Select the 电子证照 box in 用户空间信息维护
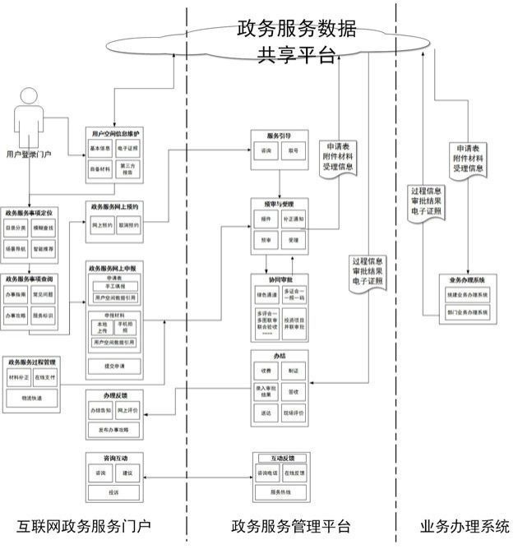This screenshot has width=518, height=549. point(127,149)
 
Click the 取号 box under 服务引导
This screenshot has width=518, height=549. point(293,152)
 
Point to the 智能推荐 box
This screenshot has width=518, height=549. point(43,247)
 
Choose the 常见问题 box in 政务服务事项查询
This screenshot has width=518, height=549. point(43,295)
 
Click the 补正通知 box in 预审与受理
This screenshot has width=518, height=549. point(293,221)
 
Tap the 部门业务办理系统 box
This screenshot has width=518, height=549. point(467,312)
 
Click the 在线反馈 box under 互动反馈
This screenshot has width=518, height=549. point(294,473)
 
